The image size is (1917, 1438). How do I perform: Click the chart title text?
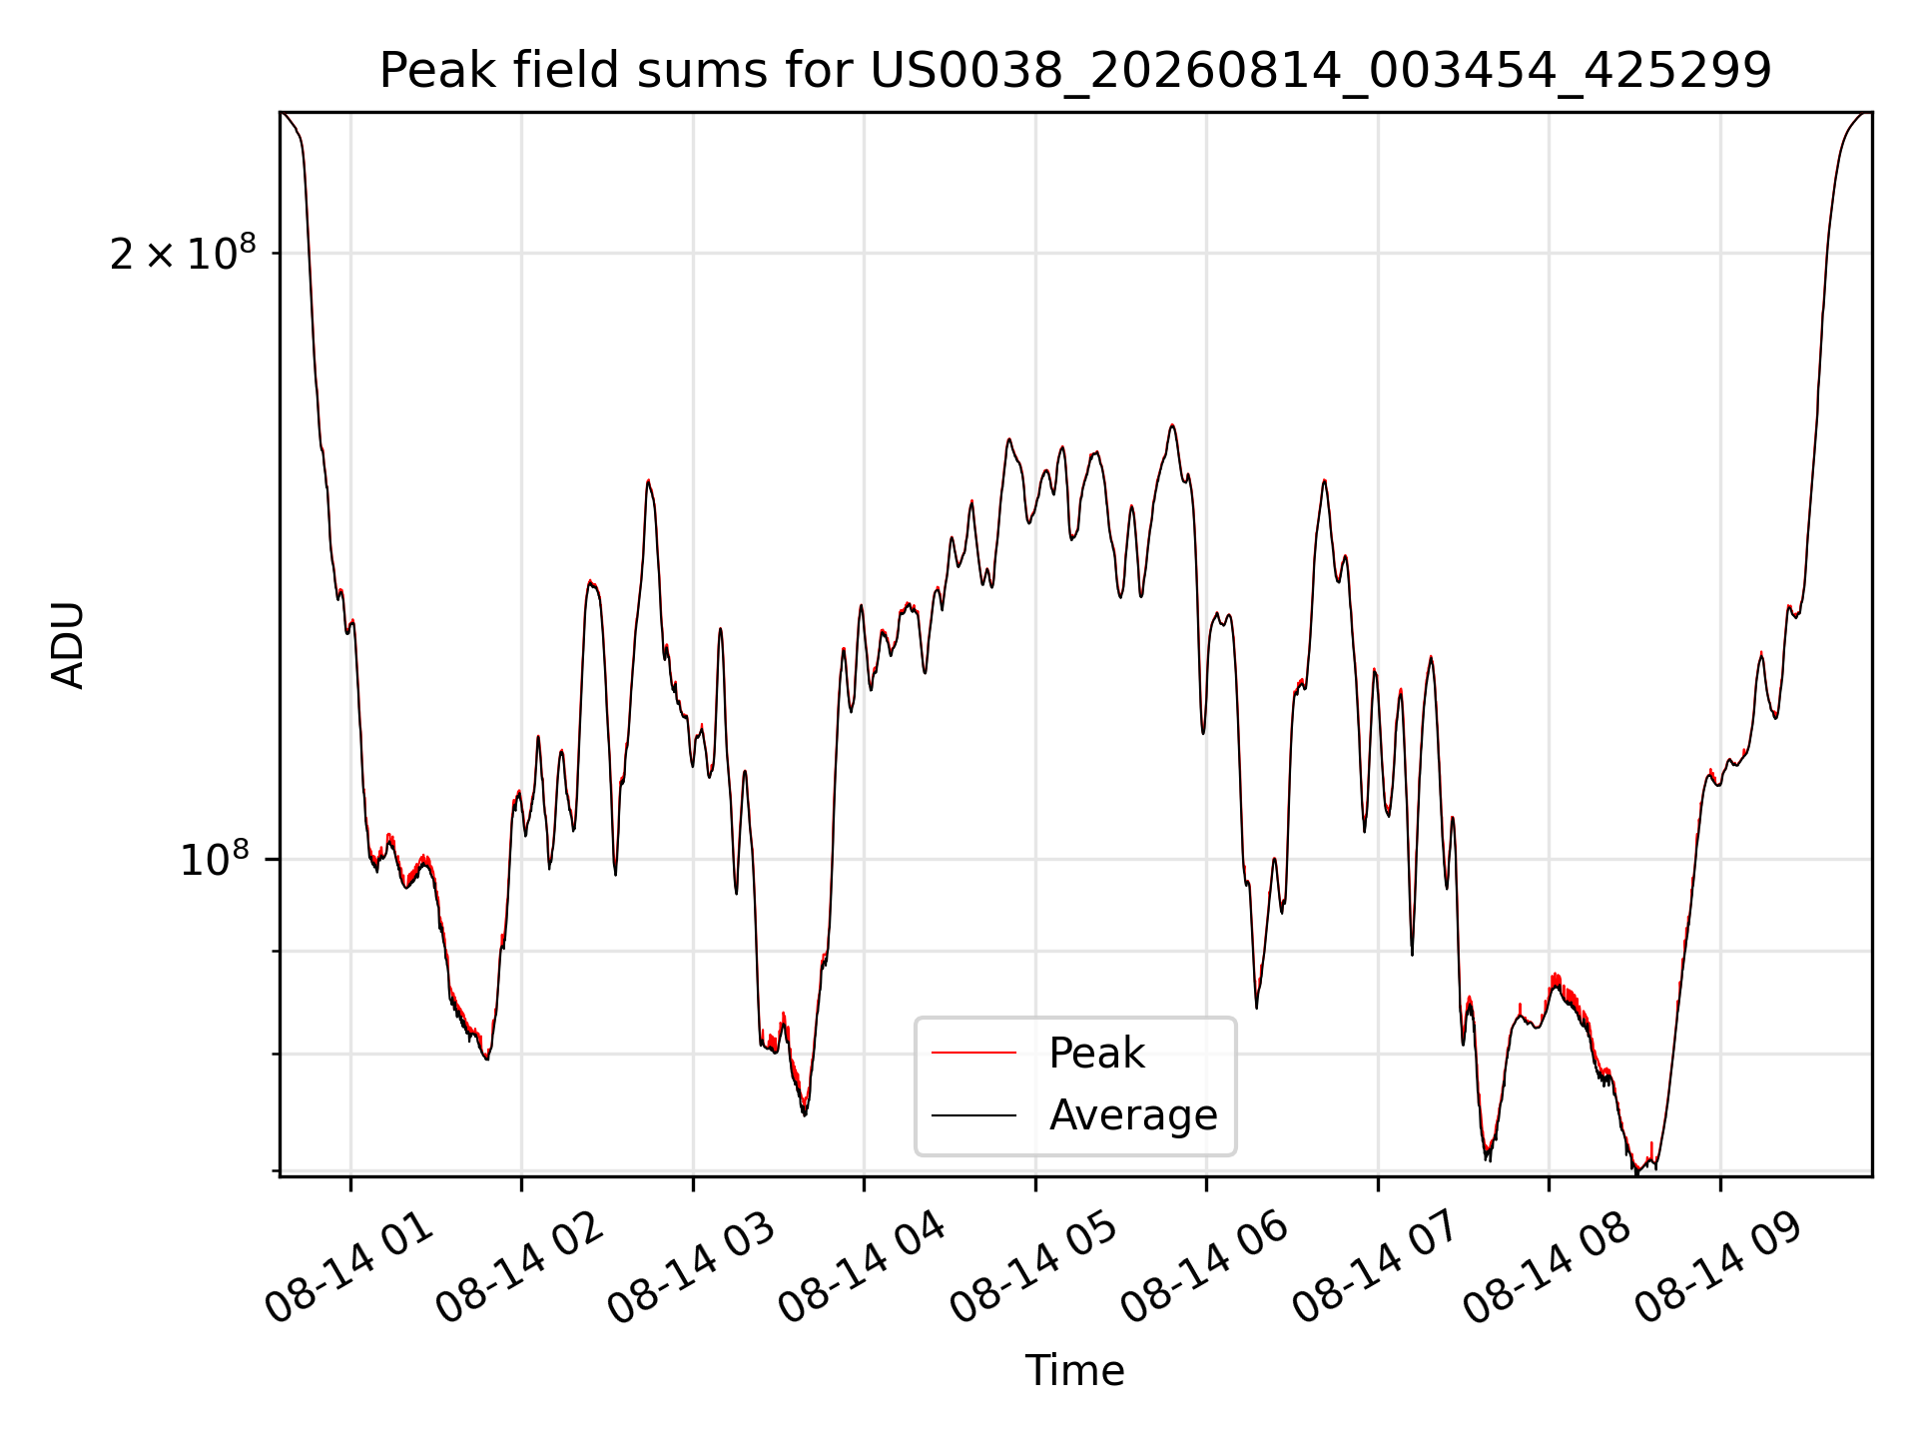(1075, 71)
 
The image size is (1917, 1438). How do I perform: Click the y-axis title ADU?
(68, 644)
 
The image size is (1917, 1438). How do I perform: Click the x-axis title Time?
(1075, 1371)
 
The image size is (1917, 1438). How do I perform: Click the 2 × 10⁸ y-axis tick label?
(183, 254)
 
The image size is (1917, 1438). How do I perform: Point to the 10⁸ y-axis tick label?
(214, 859)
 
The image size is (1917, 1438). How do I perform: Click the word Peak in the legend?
(1096, 1054)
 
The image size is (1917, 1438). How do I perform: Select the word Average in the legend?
(1133, 1115)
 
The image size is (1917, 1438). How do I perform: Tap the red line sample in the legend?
(973, 1053)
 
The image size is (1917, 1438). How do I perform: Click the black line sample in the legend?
(973, 1114)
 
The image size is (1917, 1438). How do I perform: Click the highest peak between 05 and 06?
(1172, 425)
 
